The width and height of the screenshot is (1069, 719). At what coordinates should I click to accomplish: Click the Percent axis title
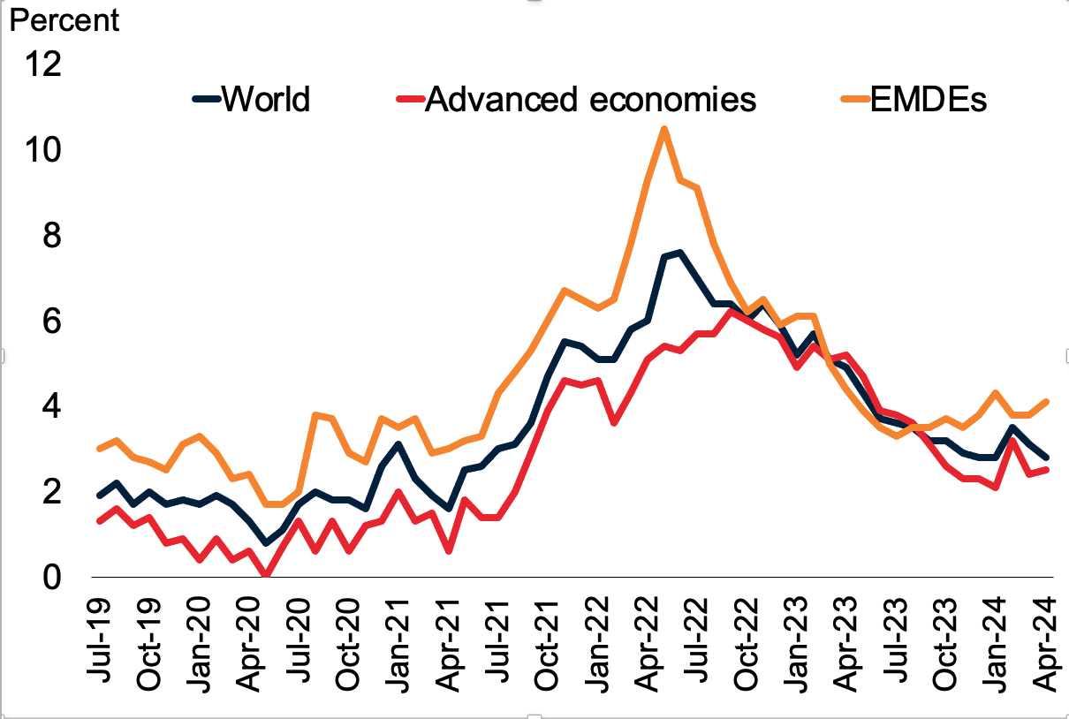click(64, 19)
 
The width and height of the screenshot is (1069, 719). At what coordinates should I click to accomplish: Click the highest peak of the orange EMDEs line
click(663, 130)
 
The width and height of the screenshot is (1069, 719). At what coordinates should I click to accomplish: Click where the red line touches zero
click(266, 576)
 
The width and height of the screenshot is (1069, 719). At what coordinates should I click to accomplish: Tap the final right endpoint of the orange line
click(1047, 403)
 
